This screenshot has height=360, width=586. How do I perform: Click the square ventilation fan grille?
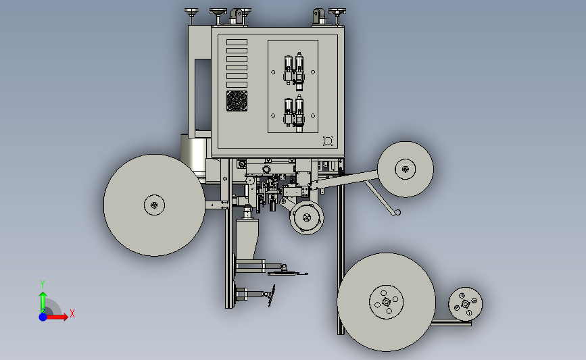237,101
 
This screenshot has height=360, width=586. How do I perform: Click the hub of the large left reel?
154,205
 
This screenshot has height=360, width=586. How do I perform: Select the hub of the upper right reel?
405,169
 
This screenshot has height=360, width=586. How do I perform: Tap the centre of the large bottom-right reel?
387,302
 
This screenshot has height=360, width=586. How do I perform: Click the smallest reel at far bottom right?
465,304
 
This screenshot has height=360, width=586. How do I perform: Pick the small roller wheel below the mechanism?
307,217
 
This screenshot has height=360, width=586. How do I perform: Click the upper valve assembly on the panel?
294,72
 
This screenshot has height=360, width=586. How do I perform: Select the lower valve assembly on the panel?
294,113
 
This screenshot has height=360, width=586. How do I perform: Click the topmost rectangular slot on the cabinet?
237,42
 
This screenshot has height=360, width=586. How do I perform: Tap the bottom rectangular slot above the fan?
237,85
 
